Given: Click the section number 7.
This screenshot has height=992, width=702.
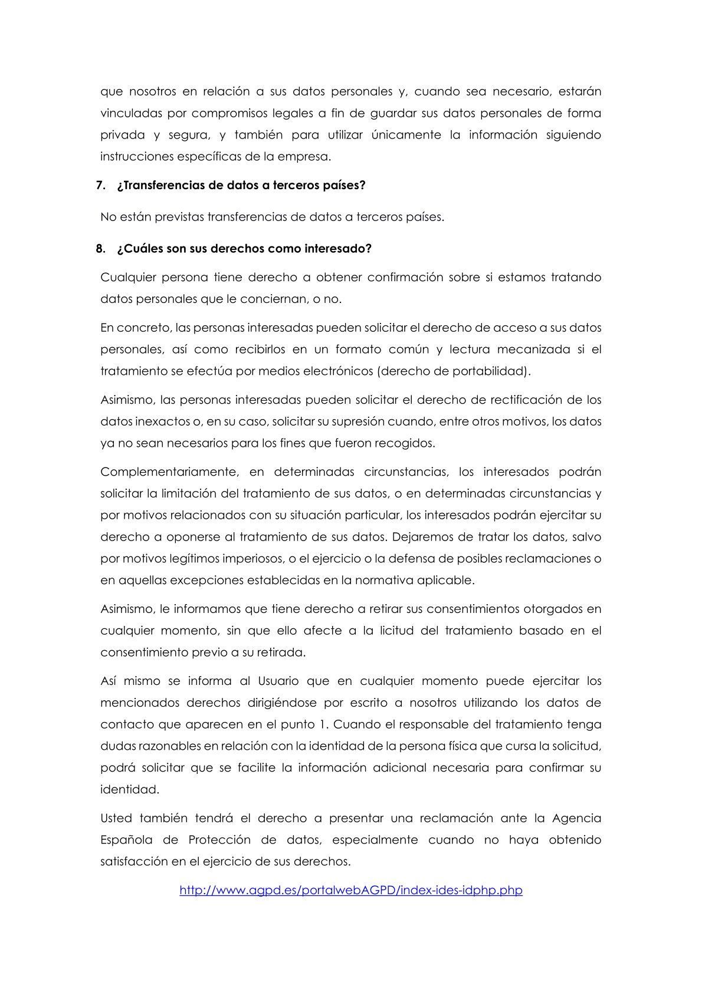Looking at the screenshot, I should (x=100, y=185).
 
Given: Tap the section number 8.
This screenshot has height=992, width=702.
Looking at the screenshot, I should (x=100, y=248).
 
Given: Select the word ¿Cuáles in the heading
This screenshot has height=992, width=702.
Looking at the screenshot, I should (x=137, y=248).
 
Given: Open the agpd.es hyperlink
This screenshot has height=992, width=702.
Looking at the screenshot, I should (x=351, y=890).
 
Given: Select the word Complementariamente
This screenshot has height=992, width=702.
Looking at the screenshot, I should (x=169, y=472).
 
